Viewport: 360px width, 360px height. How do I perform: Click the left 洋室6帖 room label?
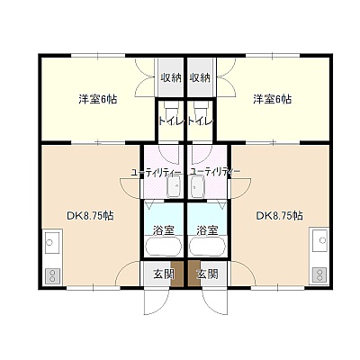coord(98,99)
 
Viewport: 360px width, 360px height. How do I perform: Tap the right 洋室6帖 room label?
coord(272,99)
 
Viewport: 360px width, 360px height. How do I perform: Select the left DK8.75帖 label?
coord(90,215)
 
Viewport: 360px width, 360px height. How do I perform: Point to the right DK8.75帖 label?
coord(279,215)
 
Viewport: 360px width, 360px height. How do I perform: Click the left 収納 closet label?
coord(171,78)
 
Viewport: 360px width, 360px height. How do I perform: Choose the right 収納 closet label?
coord(200,78)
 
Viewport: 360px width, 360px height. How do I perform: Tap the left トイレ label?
coord(171,121)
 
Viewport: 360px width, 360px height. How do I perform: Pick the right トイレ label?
coord(201,121)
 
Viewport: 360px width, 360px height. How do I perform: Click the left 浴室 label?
coord(164,230)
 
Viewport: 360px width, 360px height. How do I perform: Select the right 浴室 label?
coord(207,230)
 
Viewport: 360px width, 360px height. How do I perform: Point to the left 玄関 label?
coord(164,274)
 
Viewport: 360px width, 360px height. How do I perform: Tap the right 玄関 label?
coord(207,274)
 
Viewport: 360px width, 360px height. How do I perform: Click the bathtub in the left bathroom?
coord(164,247)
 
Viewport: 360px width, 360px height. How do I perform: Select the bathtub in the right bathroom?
coord(208,247)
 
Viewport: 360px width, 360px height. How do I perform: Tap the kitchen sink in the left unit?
coord(52,242)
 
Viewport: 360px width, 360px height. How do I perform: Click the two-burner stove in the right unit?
coord(319,275)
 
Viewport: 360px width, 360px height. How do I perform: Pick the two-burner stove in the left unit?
coord(52,275)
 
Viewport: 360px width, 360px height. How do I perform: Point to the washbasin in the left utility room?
coord(174,186)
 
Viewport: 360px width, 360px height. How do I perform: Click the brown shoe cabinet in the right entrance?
coord(194,274)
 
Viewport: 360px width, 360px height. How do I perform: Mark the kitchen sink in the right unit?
coord(319,240)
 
